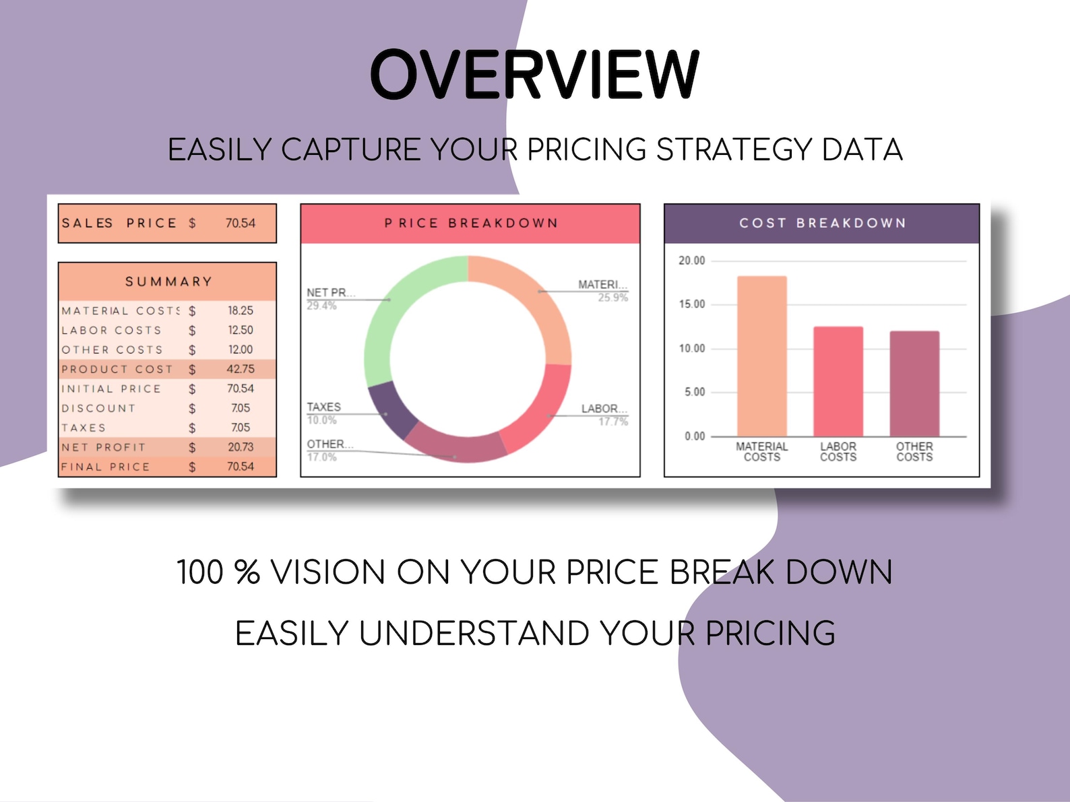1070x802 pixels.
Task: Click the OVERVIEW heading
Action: tap(534, 75)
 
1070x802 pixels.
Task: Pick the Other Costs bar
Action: tap(914, 383)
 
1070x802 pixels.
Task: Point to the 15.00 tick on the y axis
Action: tap(691, 304)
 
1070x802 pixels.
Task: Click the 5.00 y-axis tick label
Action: tap(694, 392)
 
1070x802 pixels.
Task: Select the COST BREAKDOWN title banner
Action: tap(821, 223)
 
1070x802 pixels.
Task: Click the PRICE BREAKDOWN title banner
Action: tap(470, 223)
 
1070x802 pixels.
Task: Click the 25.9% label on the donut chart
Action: tap(612, 298)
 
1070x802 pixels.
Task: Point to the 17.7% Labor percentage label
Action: tap(613, 422)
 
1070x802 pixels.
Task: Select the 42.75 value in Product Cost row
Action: tap(240, 369)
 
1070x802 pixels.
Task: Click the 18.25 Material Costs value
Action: tap(240, 310)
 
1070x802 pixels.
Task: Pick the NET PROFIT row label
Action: tap(103, 447)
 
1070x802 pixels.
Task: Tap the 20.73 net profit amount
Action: tap(240, 447)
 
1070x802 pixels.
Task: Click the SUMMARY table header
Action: tap(168, 281)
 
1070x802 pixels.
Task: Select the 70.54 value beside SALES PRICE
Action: tap(240, 223)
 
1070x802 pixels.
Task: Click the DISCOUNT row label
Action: tap(98, 408)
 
